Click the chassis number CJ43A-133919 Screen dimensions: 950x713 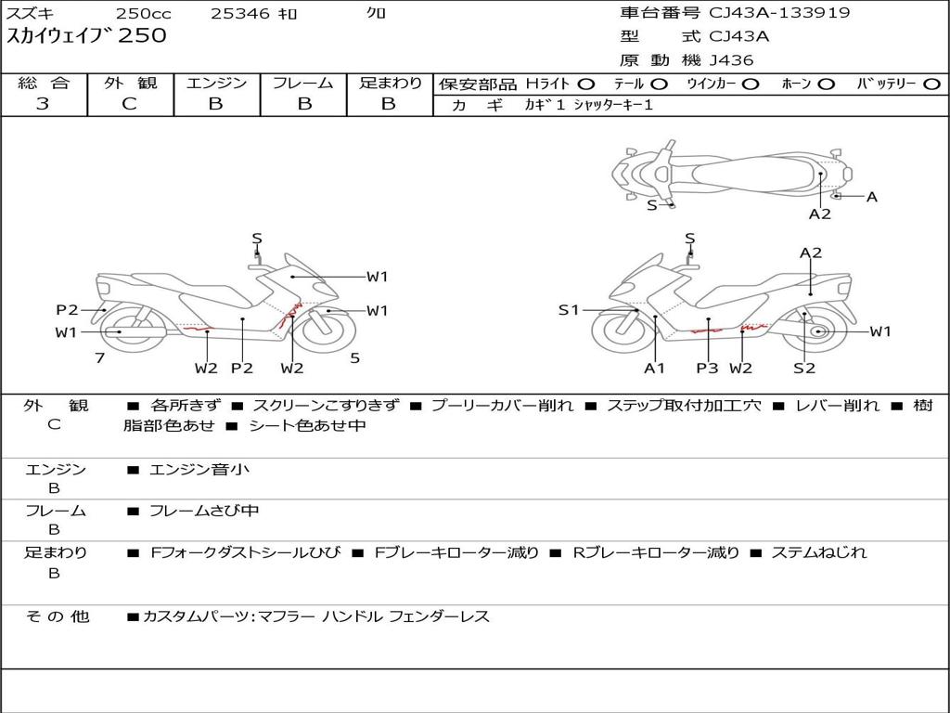tap(779, 13)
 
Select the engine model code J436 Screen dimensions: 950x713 tap(731, 60)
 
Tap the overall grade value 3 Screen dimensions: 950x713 tap(43, 103)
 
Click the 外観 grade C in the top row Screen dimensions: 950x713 tap(130, 103)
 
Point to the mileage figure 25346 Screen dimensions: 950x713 tap(239, 13)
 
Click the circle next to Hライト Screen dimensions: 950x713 tap(586, 84)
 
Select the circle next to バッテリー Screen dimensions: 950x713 tap(932, 84)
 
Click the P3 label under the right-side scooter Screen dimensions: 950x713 tap(707, 368)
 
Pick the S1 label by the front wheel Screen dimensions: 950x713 tap(569, 310)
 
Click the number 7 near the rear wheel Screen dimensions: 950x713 tap(100, 358)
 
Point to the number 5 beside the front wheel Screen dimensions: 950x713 tap(355, 358)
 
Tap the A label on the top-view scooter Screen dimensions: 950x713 tap(872, 197)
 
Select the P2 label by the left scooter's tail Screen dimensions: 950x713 tap(67, 310)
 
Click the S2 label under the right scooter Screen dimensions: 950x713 tap(804, 368)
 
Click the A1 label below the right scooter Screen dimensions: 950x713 tap(654, 368)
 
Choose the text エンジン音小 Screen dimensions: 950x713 tap(199, 469)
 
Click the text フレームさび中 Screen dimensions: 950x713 tap(204, 512)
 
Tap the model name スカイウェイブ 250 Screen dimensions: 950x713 tap(86, 36)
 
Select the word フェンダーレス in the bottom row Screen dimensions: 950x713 tap(439, 617)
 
